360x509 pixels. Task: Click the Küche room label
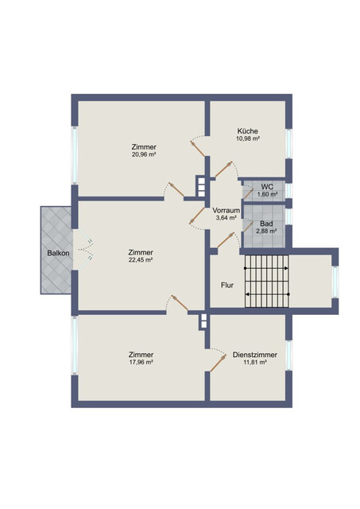coord(248,131)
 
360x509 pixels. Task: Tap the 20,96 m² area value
coord(144,155)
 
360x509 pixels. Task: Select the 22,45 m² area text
coord(141,260)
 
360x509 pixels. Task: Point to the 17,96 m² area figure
coord(141,363)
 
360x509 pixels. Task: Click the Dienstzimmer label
coord(255,355)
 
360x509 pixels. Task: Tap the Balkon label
coord(58,253)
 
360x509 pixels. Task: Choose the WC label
coord(267,187)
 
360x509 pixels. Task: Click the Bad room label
coord(266,223)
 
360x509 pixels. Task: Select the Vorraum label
coord(226,210)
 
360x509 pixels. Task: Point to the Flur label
coord(227,286)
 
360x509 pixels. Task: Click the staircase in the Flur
coord(266,281)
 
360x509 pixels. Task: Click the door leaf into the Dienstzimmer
coord(218,363)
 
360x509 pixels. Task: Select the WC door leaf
coord(248,194)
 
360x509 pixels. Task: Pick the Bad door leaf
coord(248,227)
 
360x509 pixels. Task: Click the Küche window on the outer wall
coord(288,144)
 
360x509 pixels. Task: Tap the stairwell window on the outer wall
coord(335,282)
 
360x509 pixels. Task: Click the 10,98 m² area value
coord(248,138)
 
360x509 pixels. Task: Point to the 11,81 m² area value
coord(255,363)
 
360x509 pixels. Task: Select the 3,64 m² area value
coord(226,218)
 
